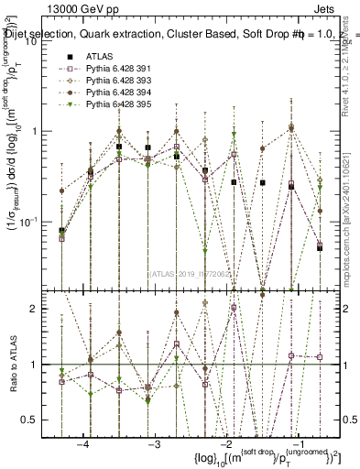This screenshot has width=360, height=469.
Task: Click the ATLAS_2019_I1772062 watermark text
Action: point(191,273)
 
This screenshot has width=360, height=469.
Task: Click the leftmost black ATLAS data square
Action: point(61,231)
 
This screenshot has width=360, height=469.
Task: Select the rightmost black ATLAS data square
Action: point(320,247)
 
